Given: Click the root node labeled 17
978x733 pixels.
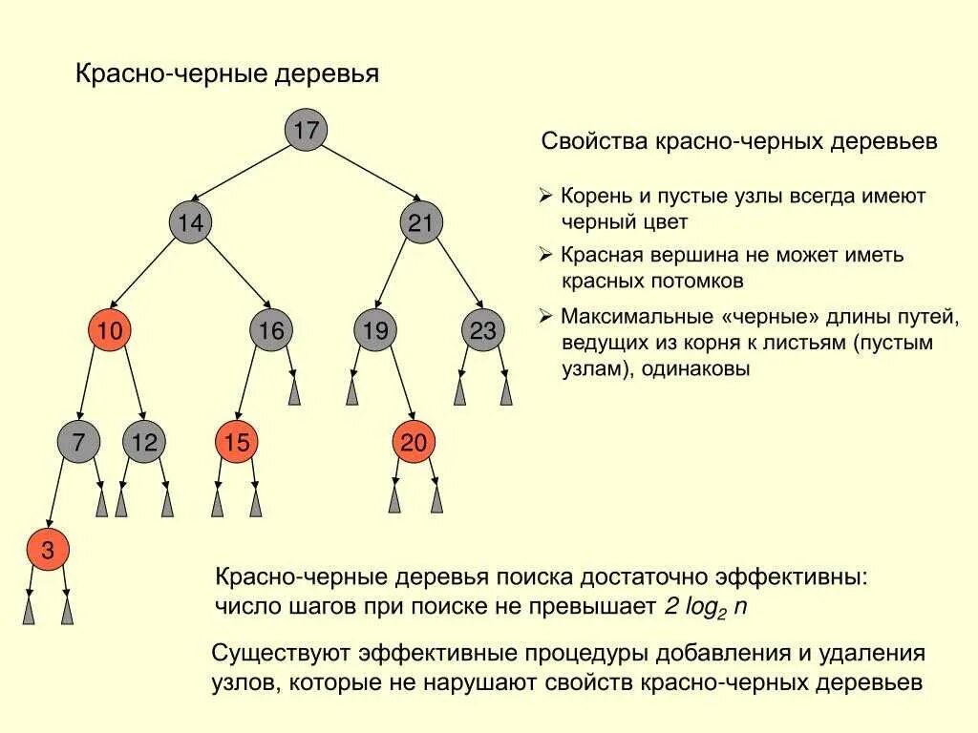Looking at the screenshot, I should point(306,130).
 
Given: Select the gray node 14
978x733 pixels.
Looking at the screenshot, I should point(190,223).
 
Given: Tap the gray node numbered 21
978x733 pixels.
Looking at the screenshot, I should point(421,223).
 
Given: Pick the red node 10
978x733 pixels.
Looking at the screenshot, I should point(110,331).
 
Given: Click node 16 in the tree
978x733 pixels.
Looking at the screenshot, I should point(271,331).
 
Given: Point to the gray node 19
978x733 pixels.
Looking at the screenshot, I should point(375,331).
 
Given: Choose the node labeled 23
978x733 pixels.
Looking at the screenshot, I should point(483,331).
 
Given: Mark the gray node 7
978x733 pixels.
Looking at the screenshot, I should point(78,441).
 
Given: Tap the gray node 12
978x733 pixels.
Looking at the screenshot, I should point(144,441).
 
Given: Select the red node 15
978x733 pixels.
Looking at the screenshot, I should point(237,441).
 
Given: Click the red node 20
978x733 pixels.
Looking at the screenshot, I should point(414,441).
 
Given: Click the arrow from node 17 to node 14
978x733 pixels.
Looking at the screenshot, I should point(247,177).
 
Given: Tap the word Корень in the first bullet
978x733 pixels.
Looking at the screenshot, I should point(595,197).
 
